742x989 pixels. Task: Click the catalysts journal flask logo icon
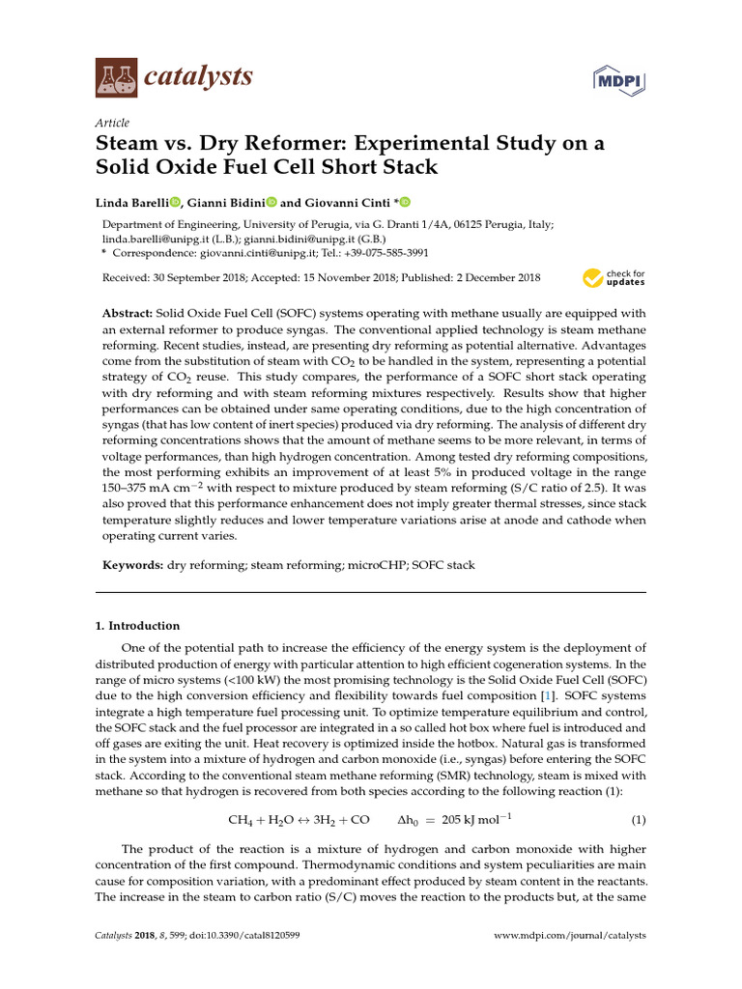[116, 75]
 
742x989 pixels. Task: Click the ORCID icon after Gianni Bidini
[271, 202]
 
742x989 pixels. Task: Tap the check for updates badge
[614, 278]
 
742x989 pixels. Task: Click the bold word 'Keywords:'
[132, 564]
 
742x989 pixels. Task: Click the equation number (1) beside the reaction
[638, 820]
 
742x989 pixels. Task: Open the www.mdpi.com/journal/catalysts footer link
[569, 936]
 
